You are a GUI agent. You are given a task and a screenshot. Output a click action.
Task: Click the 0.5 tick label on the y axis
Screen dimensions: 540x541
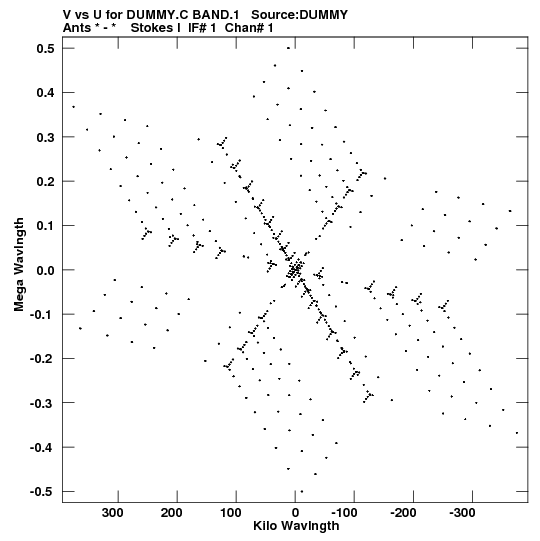[x=46, y=48]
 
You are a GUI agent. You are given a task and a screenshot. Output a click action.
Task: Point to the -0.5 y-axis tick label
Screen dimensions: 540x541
[x=42, y=491]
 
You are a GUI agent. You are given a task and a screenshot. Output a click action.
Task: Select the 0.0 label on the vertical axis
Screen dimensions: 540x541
[x=46, y=270]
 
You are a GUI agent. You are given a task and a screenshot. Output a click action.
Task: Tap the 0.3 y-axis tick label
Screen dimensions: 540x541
[x=46, y=137]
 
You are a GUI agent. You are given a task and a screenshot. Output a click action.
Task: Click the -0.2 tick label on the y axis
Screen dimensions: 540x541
[x=42, y=359]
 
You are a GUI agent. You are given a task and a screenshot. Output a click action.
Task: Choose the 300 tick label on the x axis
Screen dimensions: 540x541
[x=112, y=513]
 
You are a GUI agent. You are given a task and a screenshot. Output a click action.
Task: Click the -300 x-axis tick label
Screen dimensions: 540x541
[x=462, y=513]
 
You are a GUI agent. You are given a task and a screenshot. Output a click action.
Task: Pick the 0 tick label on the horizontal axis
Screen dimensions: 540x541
[x=295, y=513]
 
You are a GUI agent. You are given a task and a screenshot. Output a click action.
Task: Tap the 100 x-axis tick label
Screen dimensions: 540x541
[x=231, y=513]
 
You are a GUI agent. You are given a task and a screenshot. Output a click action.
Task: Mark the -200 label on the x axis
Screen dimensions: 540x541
[x=403, y=513]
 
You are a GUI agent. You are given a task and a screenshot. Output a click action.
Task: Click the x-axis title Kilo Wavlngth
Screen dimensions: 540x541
[x=296, y=526]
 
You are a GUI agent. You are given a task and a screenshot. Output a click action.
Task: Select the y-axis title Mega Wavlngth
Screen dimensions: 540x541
[x=19, y=265]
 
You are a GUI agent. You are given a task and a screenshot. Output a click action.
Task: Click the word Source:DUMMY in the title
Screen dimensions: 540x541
[x=300, y=15]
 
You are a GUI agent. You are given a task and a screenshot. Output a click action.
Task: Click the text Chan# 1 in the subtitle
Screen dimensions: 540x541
[x=249, y=28]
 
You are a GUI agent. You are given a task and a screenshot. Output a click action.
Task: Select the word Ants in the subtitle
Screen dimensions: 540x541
[x=77, y=28]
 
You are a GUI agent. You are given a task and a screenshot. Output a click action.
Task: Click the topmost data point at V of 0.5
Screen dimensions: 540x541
[x=288, y=48]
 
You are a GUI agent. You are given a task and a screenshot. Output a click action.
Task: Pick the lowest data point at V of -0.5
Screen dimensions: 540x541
[x=302, y=492]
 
